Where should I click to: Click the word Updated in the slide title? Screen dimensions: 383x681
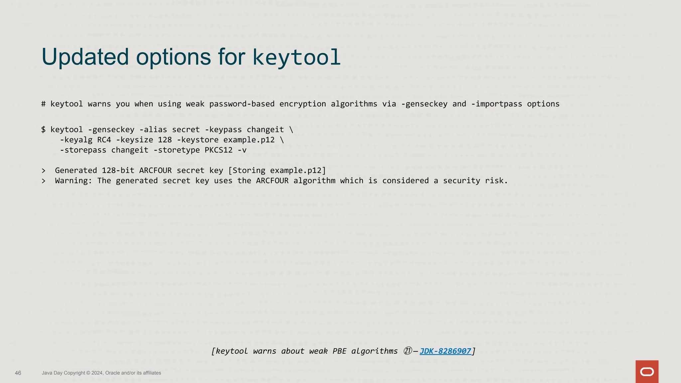pos(85,57)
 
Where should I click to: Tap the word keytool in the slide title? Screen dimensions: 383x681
pos(296,57)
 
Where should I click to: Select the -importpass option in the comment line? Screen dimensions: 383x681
pos(496,104)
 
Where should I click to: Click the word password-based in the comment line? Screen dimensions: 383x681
pos(242,104)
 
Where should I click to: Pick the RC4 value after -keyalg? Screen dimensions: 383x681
pos(104,140)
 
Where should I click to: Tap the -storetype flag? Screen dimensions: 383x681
pos(176,150)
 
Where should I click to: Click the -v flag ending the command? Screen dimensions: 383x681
pos(242,150)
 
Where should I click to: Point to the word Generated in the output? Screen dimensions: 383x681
pos(76,171)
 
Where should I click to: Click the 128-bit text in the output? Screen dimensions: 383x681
pos(118,171)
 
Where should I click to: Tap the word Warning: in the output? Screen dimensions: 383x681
pos(73,181)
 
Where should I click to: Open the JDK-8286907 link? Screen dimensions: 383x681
pos(445,351)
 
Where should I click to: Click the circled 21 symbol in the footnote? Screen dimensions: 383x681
pos(408,351)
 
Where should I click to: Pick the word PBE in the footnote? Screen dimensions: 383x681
pos(340,351)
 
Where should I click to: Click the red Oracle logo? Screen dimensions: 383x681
pos(647,371)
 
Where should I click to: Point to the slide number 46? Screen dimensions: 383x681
pos(18,373)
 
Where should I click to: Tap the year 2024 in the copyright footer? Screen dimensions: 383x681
pos(97,373)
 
